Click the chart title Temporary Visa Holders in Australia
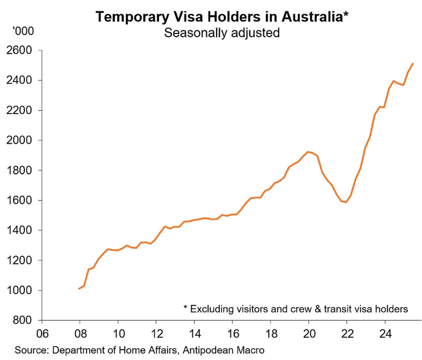click(x=222, y=16)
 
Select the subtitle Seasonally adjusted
click(x=222, y=32)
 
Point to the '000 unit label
click(x=23, y=31)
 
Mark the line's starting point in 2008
click(x=79, y=289)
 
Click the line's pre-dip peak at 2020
click(x=309, y=152)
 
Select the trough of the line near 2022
click(x=346, y=202)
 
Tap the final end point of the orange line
click(x=413, y=64)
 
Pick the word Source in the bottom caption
click(x=29, y=350)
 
